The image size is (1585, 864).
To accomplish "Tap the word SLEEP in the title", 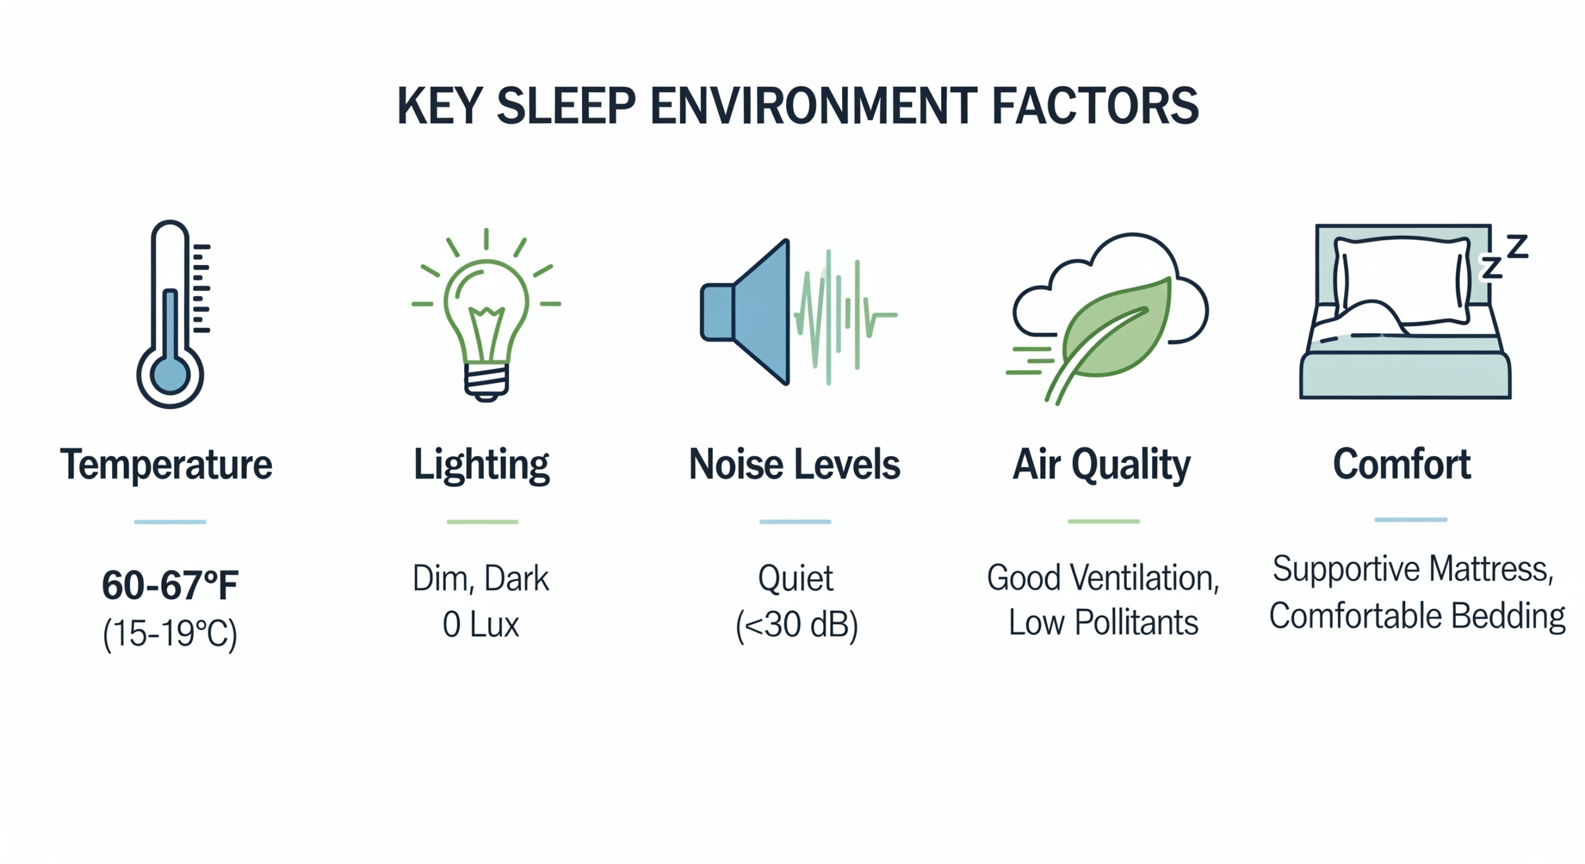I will pyautogui.click(x=566, y=106).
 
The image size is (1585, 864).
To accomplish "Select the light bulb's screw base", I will pyautogui.click(x=487, y=381).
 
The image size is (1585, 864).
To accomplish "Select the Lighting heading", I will pyautogui.click(x=482, y=465).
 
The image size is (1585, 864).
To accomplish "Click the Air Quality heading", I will pyautogui.click(x=1101, y=465).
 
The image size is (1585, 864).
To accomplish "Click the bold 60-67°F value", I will pyautogui.click(x=170, y=585).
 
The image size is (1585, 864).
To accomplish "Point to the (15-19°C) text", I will pyautogui.click(x=170, y=633).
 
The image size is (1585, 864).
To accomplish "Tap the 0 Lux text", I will pyautogui.click(x=481, y=624).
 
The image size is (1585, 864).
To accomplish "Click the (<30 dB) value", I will pyautogui.click(x=796, y=624).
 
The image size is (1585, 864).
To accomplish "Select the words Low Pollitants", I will pyautogui.click(x=1103, y=623).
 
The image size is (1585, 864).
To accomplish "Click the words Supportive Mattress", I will pyautogui.click(x=1413, y=569).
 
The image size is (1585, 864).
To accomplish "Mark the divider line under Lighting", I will pyautogui.click(x=482, y=522).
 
